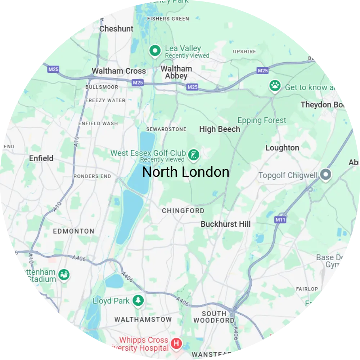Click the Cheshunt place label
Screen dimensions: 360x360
[116, 29]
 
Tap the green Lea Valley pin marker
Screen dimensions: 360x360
[155, 50]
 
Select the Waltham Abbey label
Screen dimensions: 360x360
[176, 72]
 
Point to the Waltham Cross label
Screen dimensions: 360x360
[119, 71]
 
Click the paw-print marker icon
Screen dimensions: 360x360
[275, 86]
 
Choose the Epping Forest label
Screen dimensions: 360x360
[262, 120]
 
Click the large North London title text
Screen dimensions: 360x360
[186, 172]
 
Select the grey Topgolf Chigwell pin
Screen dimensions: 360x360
[326, 175]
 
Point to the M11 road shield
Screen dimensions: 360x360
[280, 220]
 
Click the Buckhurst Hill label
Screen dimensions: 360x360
[225, 224]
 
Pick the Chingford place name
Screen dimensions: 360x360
[183, 211]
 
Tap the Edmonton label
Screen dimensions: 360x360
[73, 231]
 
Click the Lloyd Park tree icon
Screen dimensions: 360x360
[138, 300]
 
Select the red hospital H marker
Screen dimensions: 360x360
[176, 343]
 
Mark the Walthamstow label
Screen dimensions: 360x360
[143, 319]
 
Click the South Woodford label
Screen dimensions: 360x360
[214, 317]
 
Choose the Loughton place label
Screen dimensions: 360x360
[282, 148]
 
